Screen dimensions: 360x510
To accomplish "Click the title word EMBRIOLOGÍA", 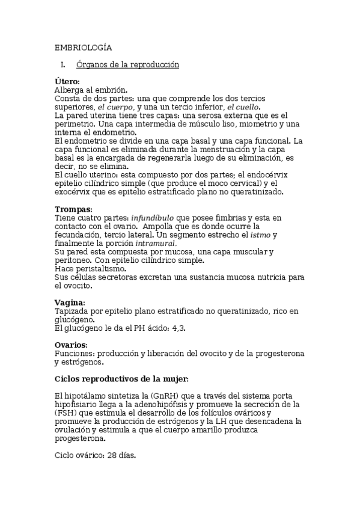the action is (84, 48).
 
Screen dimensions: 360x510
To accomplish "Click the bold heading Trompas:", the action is (73, 209).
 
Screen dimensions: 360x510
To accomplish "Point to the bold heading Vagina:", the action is (70, 303).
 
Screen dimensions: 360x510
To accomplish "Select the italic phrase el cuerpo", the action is (116, 107).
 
